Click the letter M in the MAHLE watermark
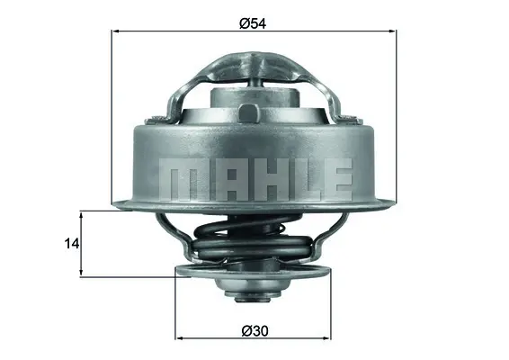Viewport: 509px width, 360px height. pos(180,179)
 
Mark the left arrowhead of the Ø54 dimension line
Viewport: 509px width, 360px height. pos(115,31)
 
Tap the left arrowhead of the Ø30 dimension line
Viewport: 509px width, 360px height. pos(178,339)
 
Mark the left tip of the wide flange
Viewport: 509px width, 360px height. pos(114,202)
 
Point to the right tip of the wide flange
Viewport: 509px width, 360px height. pos(393,202)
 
